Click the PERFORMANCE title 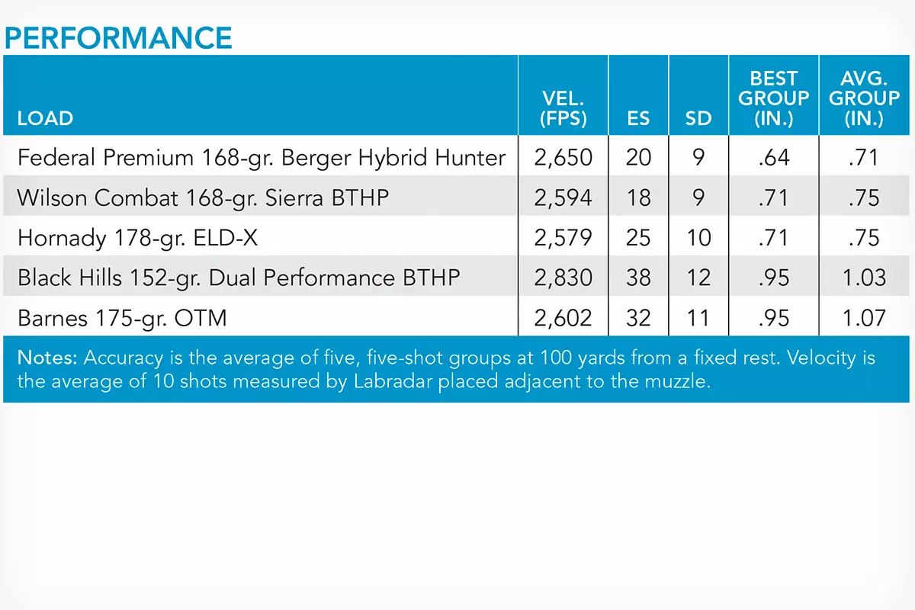(118, 38)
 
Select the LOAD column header (45, 118)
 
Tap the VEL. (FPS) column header (563, 108)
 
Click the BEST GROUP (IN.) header (774, 98)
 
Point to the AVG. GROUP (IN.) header (865, 98)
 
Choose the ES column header (638, 118)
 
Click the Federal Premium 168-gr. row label (262, 158)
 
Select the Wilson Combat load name (203, 198)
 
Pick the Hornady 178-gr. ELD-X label (138, 238)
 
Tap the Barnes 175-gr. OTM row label (122, 318)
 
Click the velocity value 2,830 (563, 278)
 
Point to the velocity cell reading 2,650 (563, 158)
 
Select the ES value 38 (638, 278)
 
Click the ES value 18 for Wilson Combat (638, 197)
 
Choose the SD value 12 (699, 278)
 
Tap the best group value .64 (774, 158)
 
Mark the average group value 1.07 (865, 318)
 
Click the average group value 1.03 (865, 278)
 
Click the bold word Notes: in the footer (47, 358)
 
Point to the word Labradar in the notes (393, 381)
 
